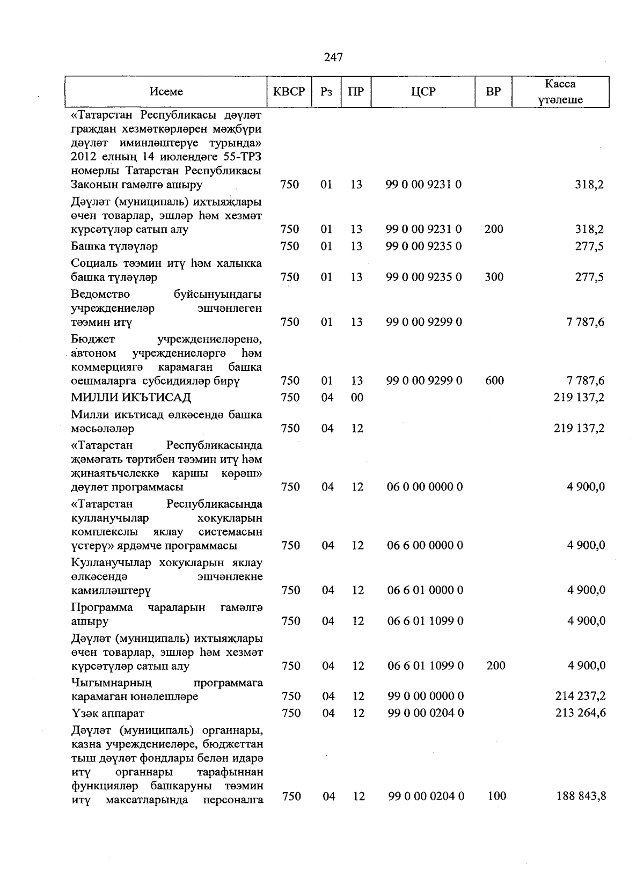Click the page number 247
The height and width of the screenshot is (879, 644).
click(x=333, y=57)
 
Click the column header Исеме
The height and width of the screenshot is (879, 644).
click(x=166, y=92)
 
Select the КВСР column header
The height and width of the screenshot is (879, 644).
click(x=289, y=92)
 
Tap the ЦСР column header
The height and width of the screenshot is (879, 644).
click(x=423, y=92)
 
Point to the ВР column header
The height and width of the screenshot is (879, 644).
click(x=493, y=92)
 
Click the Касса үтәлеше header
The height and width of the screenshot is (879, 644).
click(x=560, y=92)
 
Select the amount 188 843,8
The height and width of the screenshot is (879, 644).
click(x=581, y=796)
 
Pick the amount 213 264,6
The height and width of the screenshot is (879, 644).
click(x=581, y=713)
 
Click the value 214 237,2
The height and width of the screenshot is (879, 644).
click(x=581, y=697)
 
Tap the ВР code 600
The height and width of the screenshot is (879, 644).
click(x=494, y=381)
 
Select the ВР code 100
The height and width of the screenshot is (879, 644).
click(x=497, y=796)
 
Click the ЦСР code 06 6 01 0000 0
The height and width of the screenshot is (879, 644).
click(x=425, y=590)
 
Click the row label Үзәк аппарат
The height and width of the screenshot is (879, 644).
click(x=108, y=714)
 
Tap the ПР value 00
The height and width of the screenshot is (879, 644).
click(x=357, y=398)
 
